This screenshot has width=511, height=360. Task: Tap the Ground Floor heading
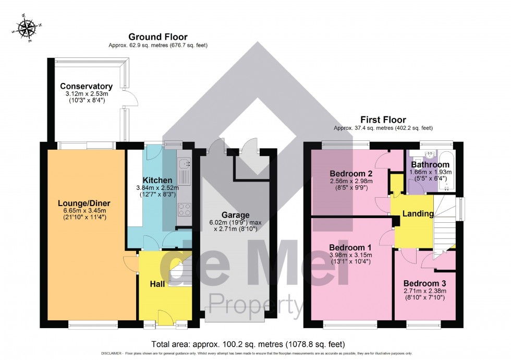point(158,37)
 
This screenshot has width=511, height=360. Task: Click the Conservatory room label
point(86,86)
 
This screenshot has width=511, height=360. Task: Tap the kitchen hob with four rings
point(185,209)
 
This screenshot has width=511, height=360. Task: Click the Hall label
point(157,284)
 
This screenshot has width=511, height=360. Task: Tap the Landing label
point(418,213)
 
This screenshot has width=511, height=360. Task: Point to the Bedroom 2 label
point(350,174)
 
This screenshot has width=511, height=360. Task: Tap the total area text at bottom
point(248,344)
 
